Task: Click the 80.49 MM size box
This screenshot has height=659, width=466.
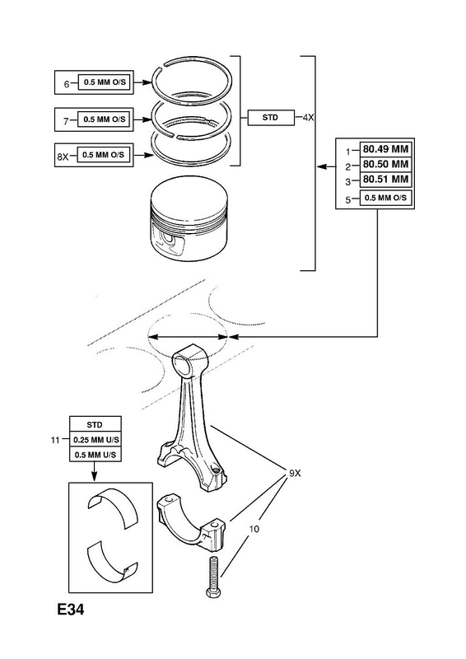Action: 385,149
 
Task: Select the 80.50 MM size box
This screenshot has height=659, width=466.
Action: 385,164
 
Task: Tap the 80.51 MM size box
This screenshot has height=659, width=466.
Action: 385,180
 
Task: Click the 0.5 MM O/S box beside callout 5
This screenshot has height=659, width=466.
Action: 385,198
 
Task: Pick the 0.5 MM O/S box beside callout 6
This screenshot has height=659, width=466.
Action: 105,82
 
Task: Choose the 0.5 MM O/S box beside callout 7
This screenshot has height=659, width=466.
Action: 105,119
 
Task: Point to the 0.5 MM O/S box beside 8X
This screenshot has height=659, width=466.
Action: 104,155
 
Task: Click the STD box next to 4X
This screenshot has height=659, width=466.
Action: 271,118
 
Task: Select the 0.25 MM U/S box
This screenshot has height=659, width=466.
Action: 96,440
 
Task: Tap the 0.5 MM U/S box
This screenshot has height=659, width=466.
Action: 96,455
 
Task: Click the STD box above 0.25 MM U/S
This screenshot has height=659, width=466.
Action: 96,424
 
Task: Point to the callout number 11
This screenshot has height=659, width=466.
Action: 55,441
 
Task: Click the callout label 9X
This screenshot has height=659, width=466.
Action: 295,473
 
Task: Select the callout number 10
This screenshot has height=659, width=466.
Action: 254,529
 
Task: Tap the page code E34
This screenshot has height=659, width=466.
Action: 71,610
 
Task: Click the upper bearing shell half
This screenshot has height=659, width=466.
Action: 113,507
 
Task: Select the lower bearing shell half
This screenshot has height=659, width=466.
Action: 112,562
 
